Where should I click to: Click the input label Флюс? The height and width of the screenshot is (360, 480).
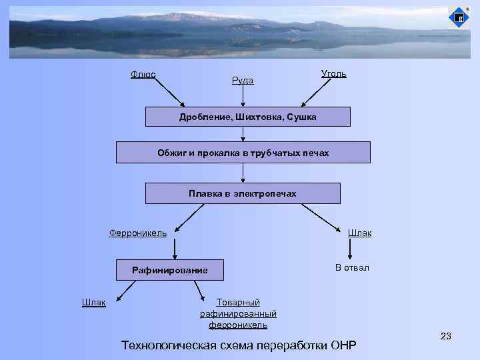pos(143,74)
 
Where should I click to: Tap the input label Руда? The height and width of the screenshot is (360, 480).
pos(242,80)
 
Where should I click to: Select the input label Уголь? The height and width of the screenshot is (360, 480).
pos(333,73)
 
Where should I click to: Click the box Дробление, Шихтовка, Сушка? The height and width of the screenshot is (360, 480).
pos(247,117)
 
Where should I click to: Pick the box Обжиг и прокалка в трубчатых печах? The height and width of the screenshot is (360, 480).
pos(243,153)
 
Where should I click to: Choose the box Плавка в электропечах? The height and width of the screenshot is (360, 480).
pos(242,193)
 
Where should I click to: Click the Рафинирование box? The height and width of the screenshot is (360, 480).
pos(169,270)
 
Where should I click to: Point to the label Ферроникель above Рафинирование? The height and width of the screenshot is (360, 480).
pos(138,233)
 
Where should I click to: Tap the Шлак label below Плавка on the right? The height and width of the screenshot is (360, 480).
pos(359,233)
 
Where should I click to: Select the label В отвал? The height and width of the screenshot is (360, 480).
pos(352,267)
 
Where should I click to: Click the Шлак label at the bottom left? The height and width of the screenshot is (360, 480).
pos(93,302)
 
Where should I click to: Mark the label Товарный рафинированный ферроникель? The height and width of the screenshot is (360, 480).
pos(238,313)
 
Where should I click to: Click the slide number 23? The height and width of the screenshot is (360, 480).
pos(445,336)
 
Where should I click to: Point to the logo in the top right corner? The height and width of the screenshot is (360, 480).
pos(458,17)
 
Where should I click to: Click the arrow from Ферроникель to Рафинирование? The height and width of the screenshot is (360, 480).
pos(175,248)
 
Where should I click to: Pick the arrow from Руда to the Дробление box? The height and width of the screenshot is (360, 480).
pos(243,96)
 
